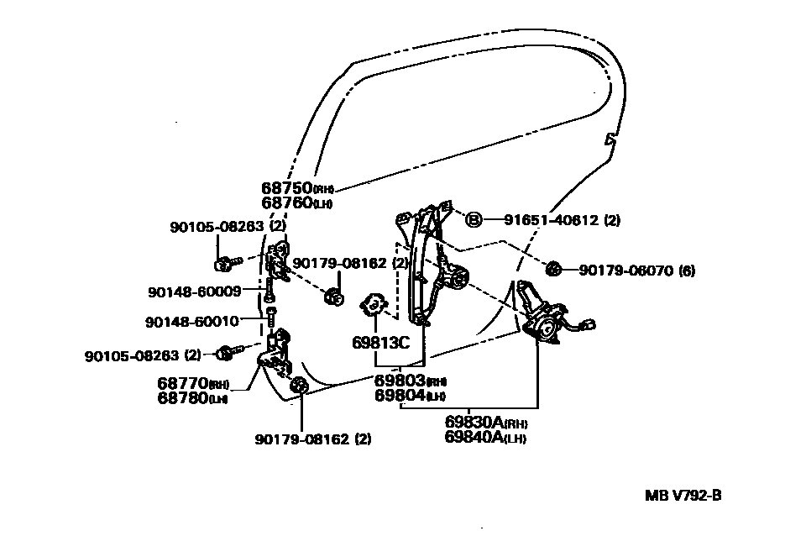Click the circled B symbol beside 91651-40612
[x=474, y=220]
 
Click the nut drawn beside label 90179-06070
[x=553, y=270]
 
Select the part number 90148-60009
[x=194, y=292]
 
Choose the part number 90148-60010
[x=191, y=321]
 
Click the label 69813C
[x=380, y=343]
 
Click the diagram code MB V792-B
[x=683, y=495]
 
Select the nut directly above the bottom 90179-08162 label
[x=299, y=386]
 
